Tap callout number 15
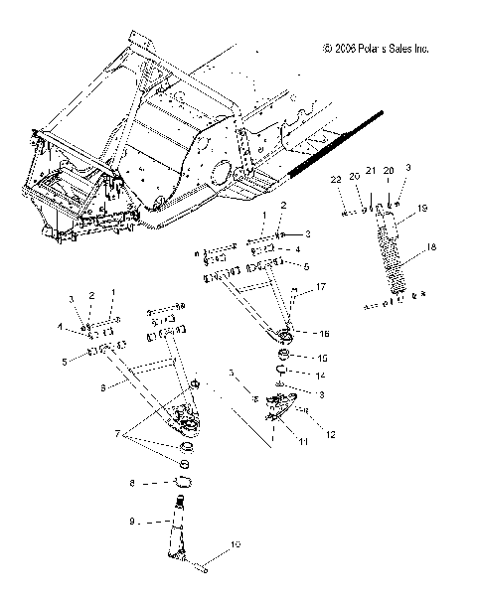coord(321,357)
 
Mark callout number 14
coord(321,376)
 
